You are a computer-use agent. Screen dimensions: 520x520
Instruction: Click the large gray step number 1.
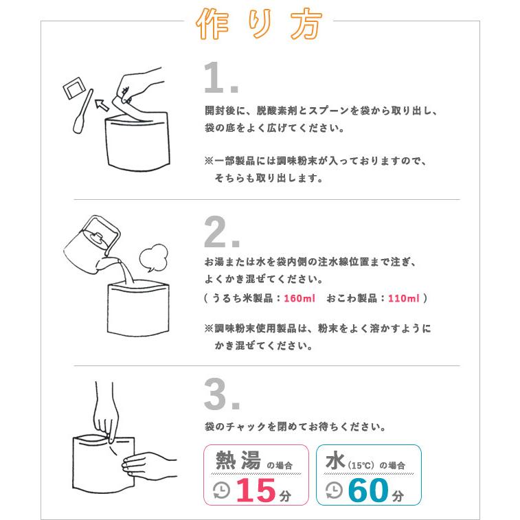tap(220, 80)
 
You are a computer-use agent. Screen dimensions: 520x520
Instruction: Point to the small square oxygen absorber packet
tap(72, 90)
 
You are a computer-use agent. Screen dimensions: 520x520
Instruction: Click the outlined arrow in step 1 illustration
tap(102, 104)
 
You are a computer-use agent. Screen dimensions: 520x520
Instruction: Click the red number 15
tap(256, 490)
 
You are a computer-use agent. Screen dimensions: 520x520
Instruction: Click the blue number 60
tap(368, 490)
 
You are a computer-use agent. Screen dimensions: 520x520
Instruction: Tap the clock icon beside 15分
tap(222, 490)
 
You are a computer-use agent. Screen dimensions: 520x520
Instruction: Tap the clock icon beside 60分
tap(333, 490)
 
